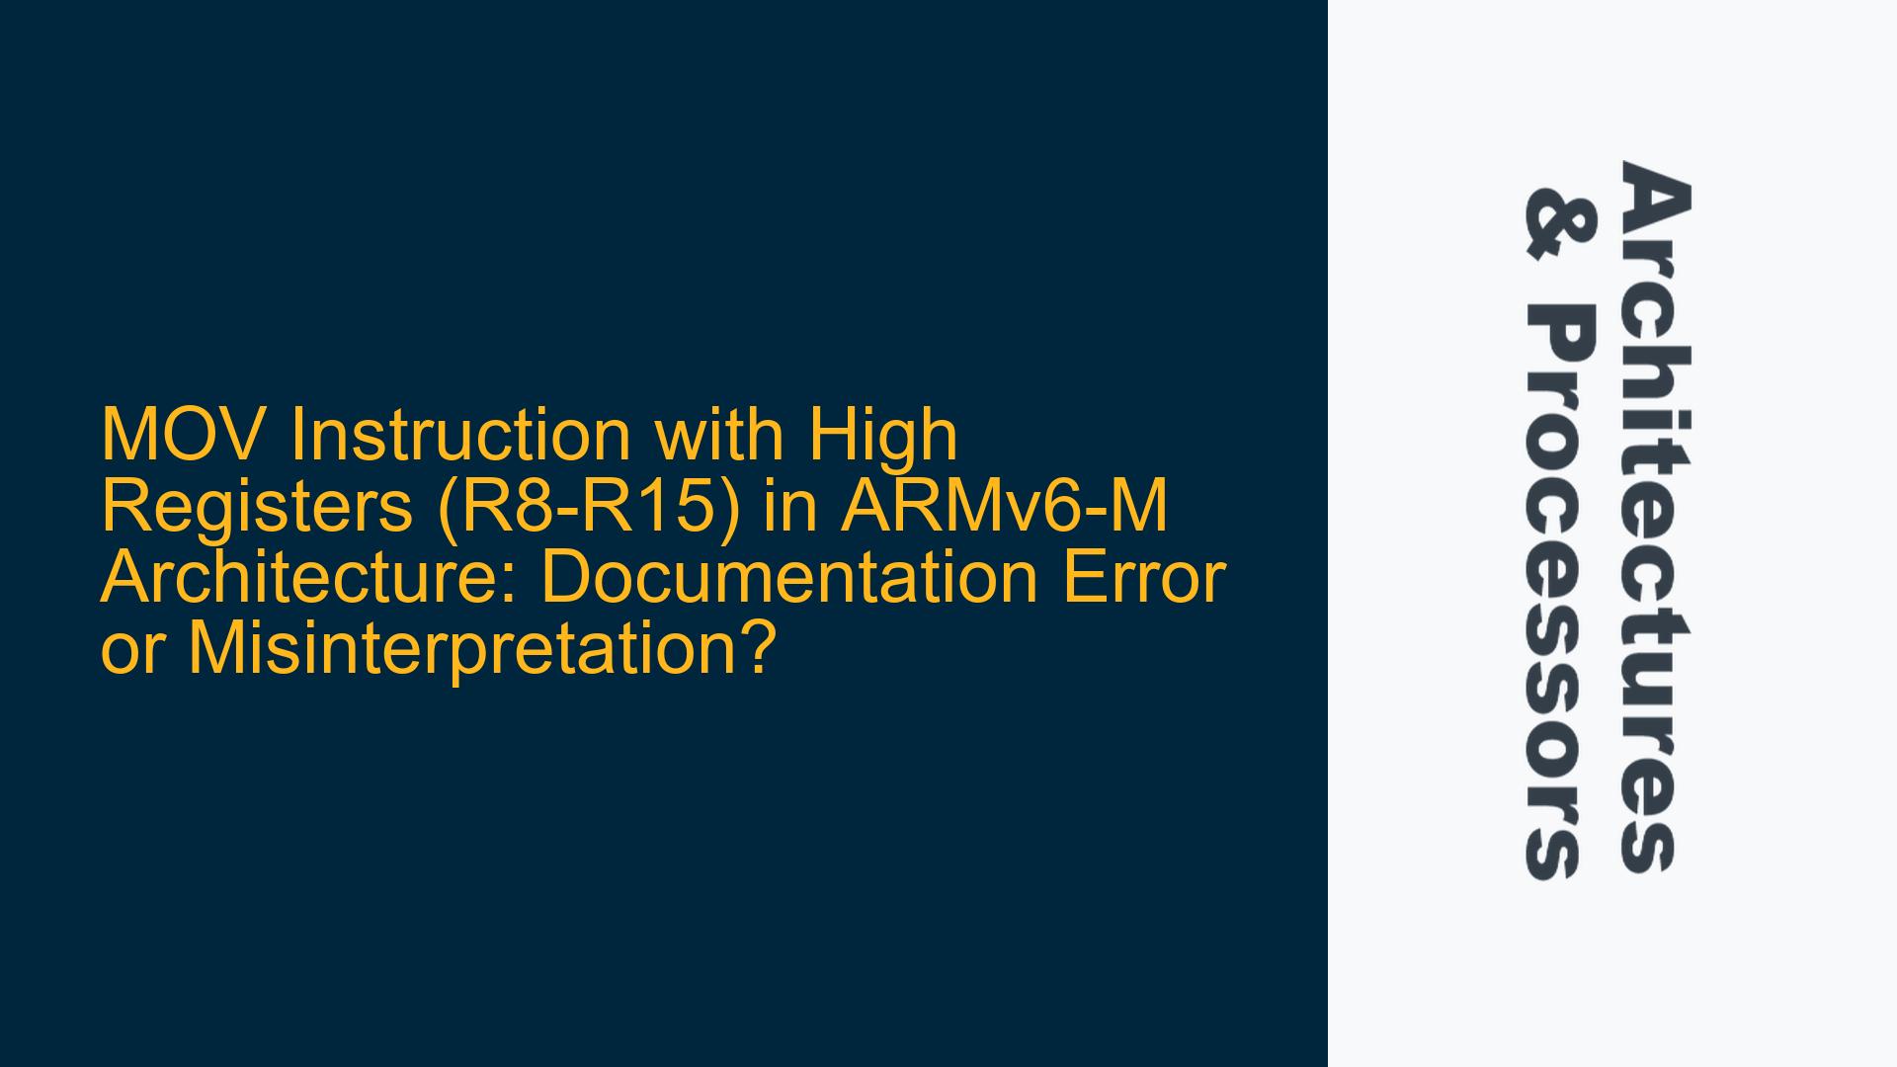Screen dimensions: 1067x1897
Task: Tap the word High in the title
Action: [883, 437]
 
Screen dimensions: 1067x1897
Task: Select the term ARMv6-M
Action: [1004, 507]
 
